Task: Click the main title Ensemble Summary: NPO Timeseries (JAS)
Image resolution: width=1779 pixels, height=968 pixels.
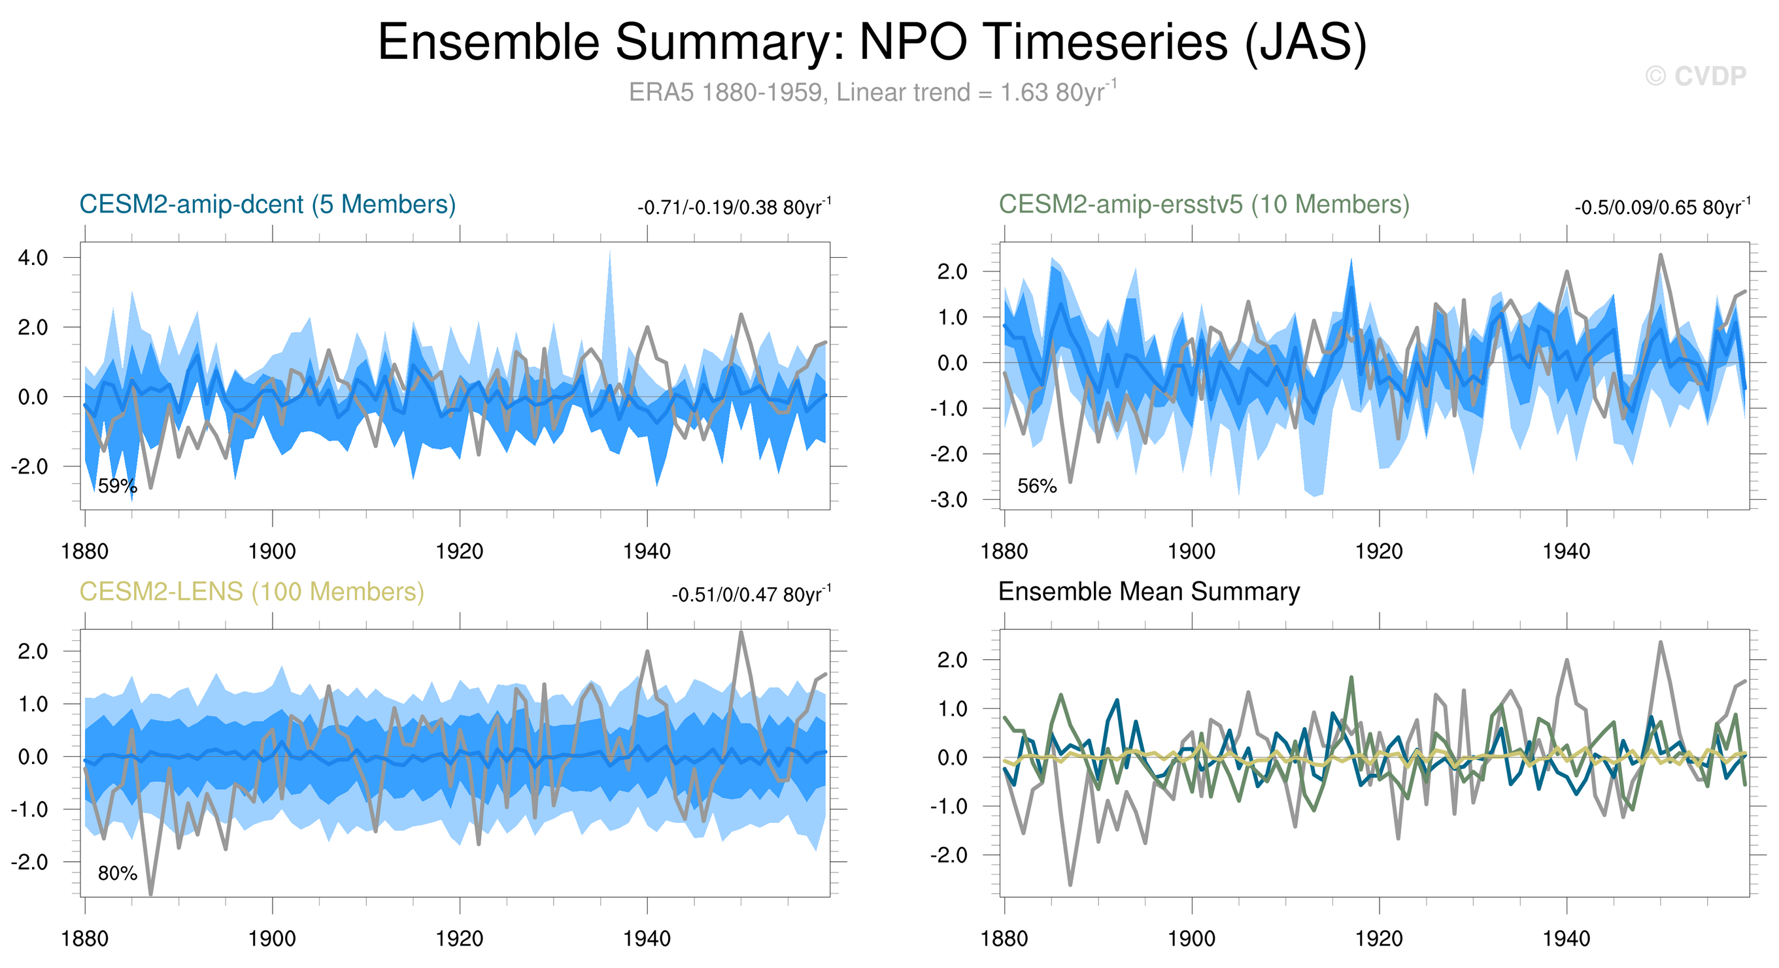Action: click(872, 43)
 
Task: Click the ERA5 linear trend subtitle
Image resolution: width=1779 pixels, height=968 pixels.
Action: click(872, 92)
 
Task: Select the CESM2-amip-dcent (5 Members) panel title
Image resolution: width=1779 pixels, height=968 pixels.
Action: click(267, 205)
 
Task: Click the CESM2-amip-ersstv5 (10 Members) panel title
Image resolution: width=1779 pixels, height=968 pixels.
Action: click(1204, 205)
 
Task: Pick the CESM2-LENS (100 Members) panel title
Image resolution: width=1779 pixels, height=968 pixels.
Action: click(251, 591)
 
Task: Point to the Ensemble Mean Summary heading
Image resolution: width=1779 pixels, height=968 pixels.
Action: click(1149, 591)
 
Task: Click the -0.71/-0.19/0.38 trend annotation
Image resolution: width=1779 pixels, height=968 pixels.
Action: click(734, 207)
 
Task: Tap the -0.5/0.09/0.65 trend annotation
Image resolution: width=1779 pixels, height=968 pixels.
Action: click(1661, 207)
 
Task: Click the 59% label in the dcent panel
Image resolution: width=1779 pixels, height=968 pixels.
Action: click(118, 487)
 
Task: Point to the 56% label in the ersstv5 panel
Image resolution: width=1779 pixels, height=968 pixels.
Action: click(1036, 487)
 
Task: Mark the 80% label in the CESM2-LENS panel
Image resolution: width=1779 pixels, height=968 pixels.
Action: click(118, 873)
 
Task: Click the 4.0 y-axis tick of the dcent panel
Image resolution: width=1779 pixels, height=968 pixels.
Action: click(33, 258)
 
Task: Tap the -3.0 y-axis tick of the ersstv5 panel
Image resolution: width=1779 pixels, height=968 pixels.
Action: click(949, 500)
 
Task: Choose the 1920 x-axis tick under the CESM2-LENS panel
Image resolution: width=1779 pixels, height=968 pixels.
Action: click(459, 939)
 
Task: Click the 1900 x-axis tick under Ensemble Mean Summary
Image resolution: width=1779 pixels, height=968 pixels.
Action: click(1191, 939)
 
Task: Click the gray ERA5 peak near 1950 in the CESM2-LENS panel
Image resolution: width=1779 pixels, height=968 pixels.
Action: click(741, 633)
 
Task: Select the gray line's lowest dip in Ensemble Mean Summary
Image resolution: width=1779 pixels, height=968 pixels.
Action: click(1070, 884)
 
